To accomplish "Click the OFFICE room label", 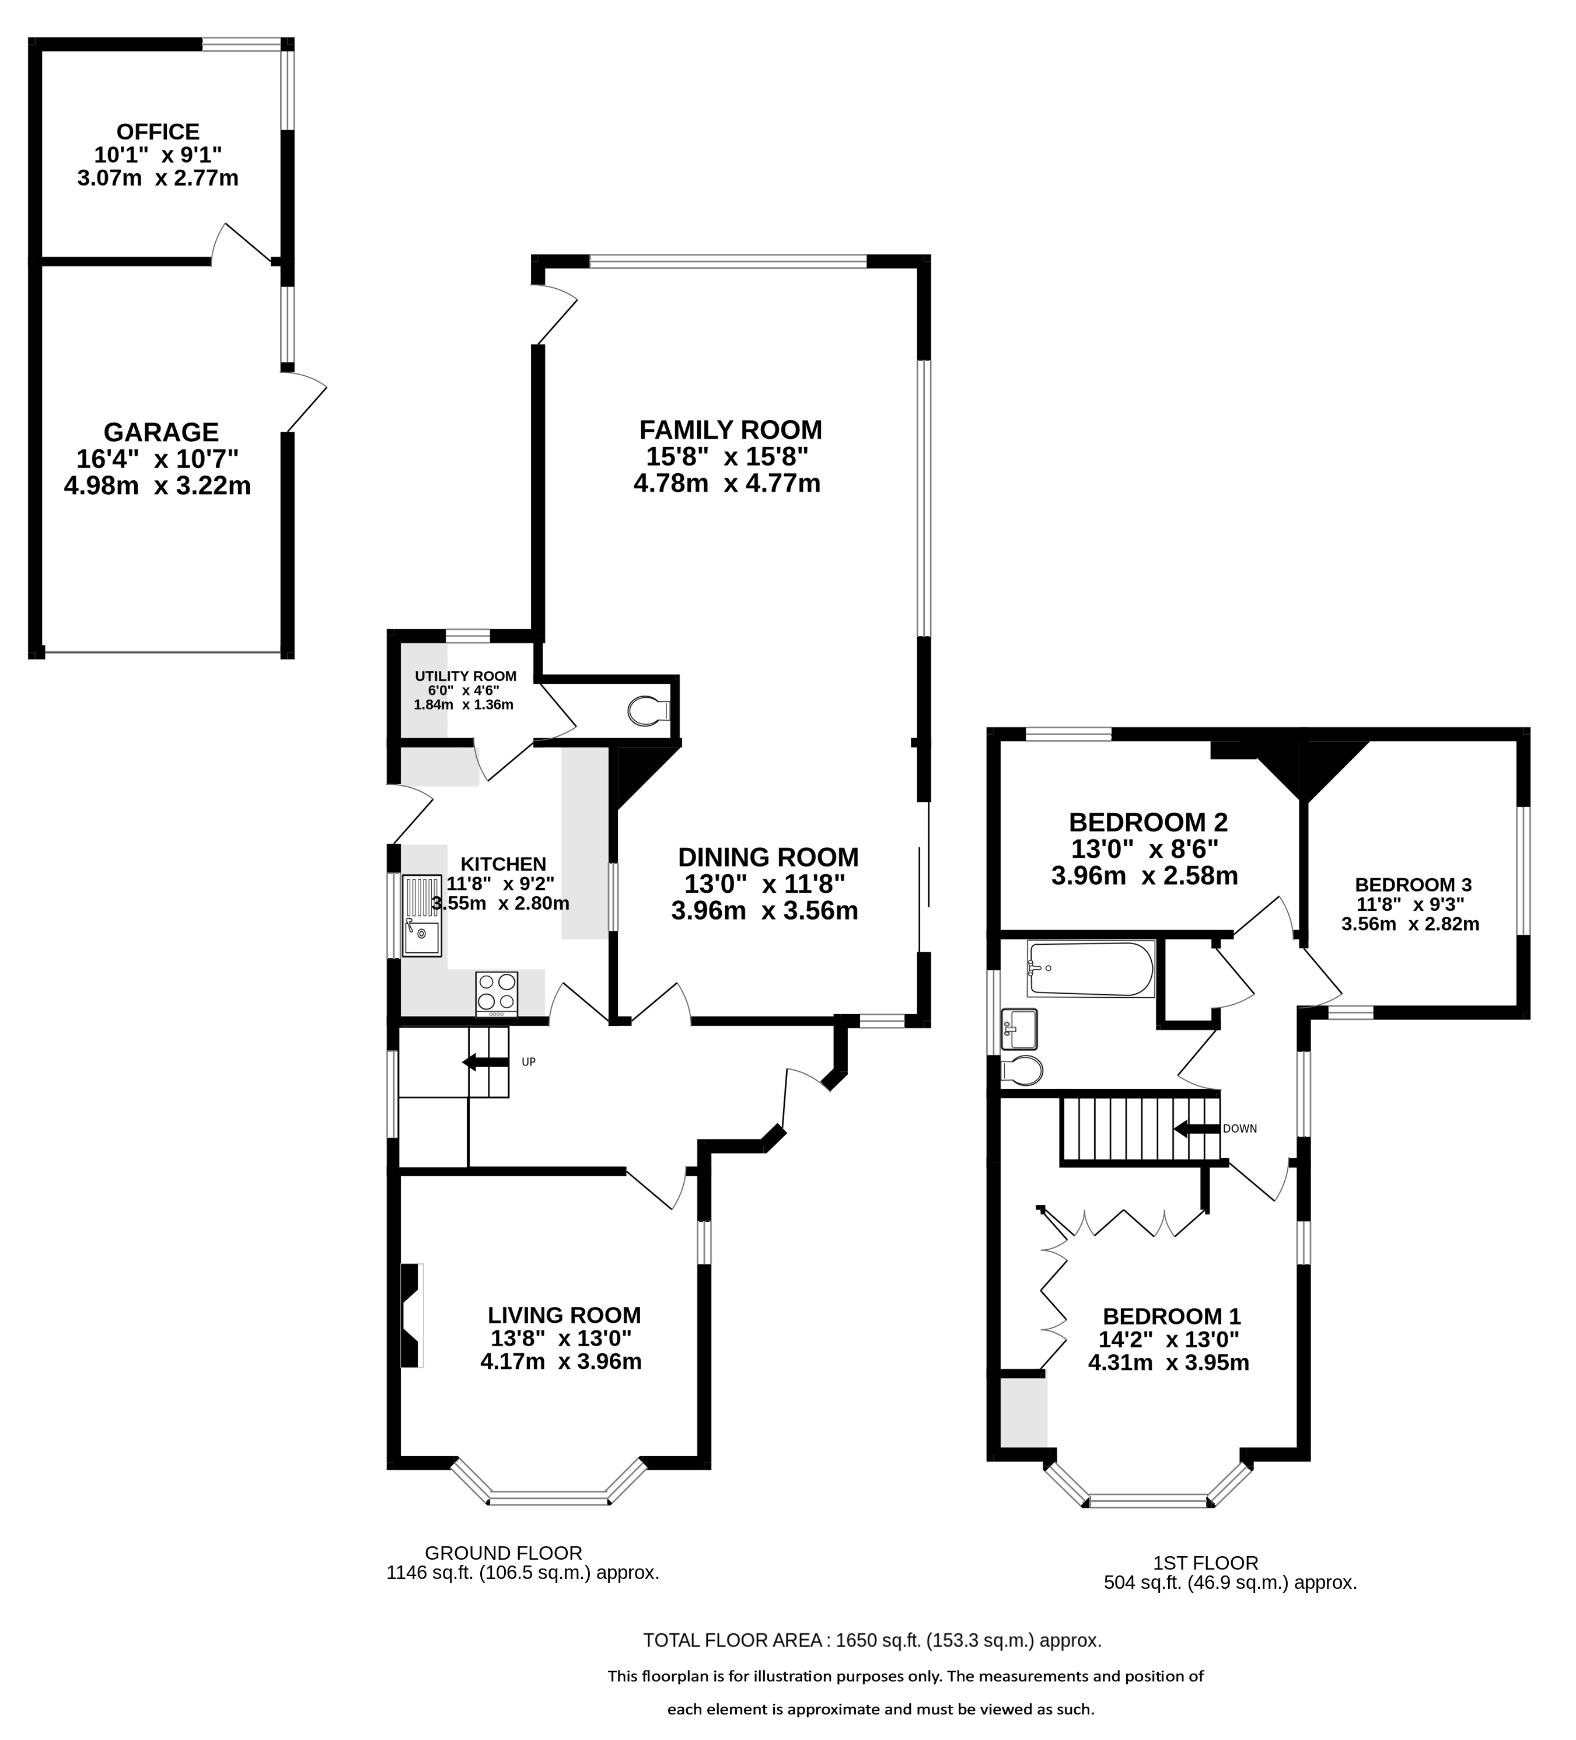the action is [158, 132].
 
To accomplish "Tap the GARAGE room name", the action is [162, 432].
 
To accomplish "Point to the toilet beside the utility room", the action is [649, 711].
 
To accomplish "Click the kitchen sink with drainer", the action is [422, 916].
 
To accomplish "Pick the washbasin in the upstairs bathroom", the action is [1019, 1029].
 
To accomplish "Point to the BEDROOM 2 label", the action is [1148, 822].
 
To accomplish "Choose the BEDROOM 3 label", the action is [1413, 885].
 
